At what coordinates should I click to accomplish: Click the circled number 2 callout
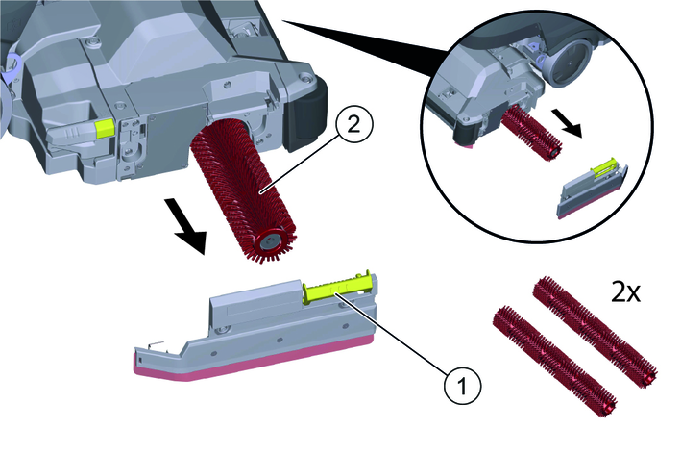[x=353, y=126]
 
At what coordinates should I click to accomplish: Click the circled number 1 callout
[x=463, y=386]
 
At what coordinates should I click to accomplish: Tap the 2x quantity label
[x=625, y=293]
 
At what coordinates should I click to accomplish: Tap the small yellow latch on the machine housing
[x=105, y=128]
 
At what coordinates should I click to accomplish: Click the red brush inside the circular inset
[x=531, y=133]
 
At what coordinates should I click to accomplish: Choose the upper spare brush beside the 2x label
[x=595, y=332]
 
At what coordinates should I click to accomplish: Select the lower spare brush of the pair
[x=554, y=361]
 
